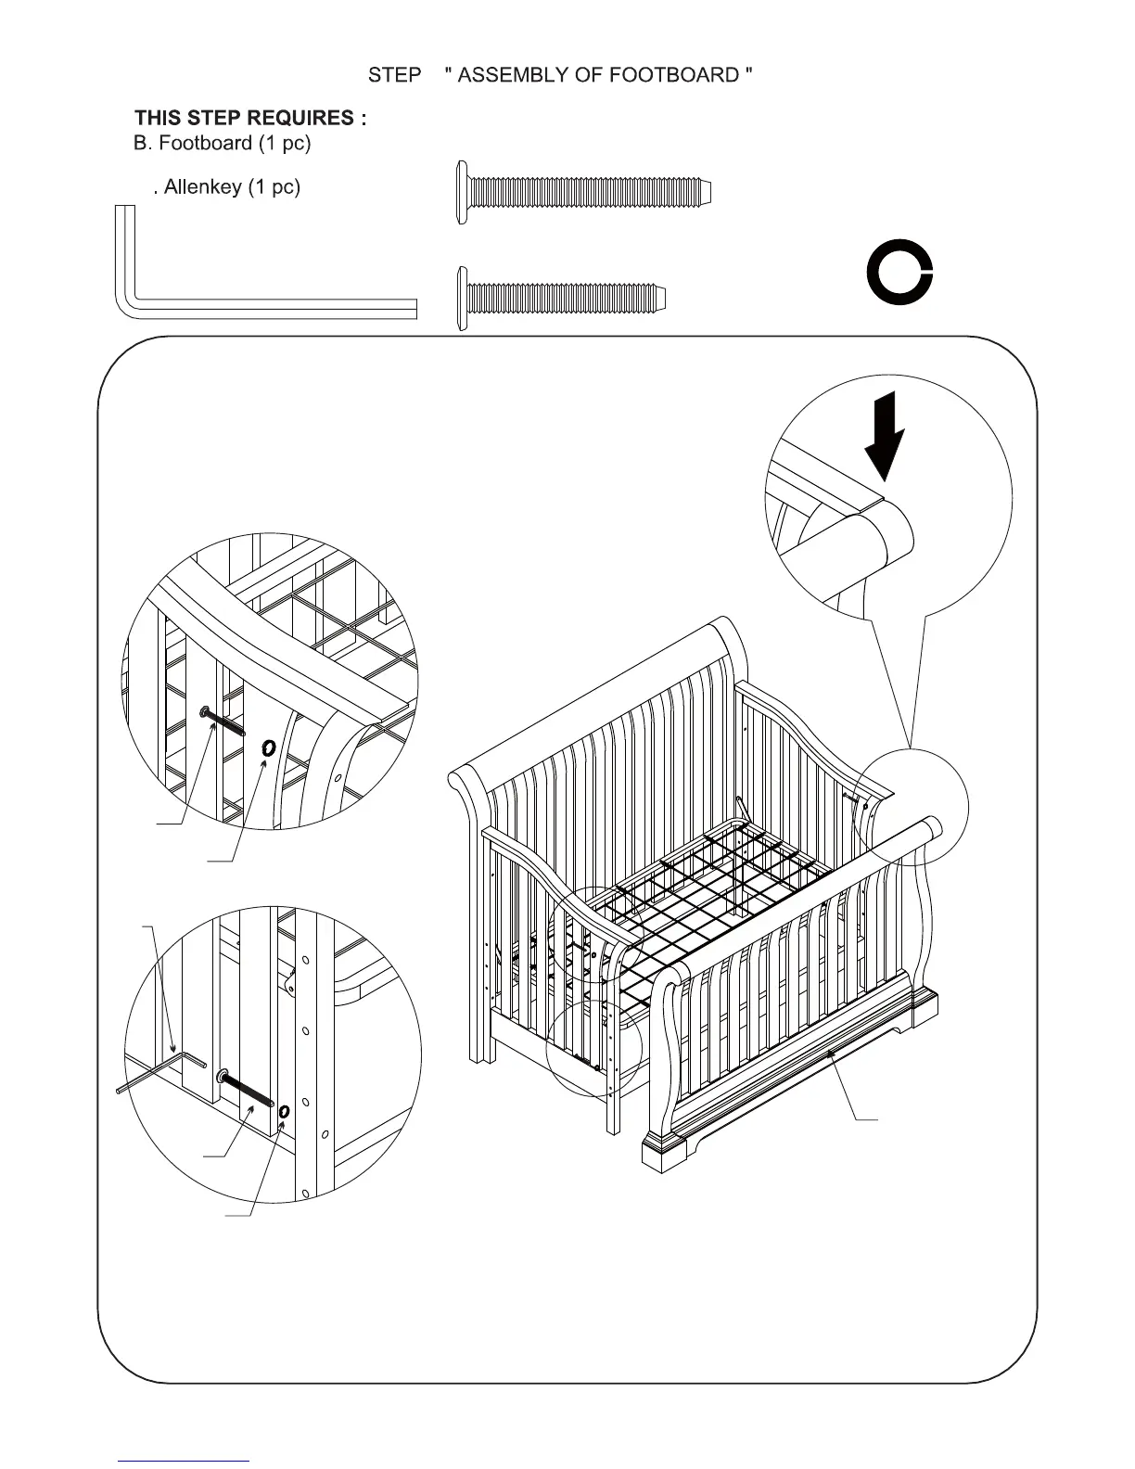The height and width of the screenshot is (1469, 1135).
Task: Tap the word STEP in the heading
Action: point(395,75)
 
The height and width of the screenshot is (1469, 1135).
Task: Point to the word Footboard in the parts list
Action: point(205,143)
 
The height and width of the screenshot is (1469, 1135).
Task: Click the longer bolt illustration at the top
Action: point(584,192)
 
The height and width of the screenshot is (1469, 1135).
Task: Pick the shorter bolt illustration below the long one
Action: point(562,299)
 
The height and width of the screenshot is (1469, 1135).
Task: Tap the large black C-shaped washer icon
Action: point(899,274)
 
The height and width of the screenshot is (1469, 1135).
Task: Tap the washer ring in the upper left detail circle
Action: point(269,747)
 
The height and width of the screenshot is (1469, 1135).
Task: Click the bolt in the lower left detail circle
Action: point(246,1090)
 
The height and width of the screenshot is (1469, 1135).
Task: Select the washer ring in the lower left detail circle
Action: point(284,1112)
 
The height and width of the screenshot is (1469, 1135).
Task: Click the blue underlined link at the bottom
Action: point(184,1462)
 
